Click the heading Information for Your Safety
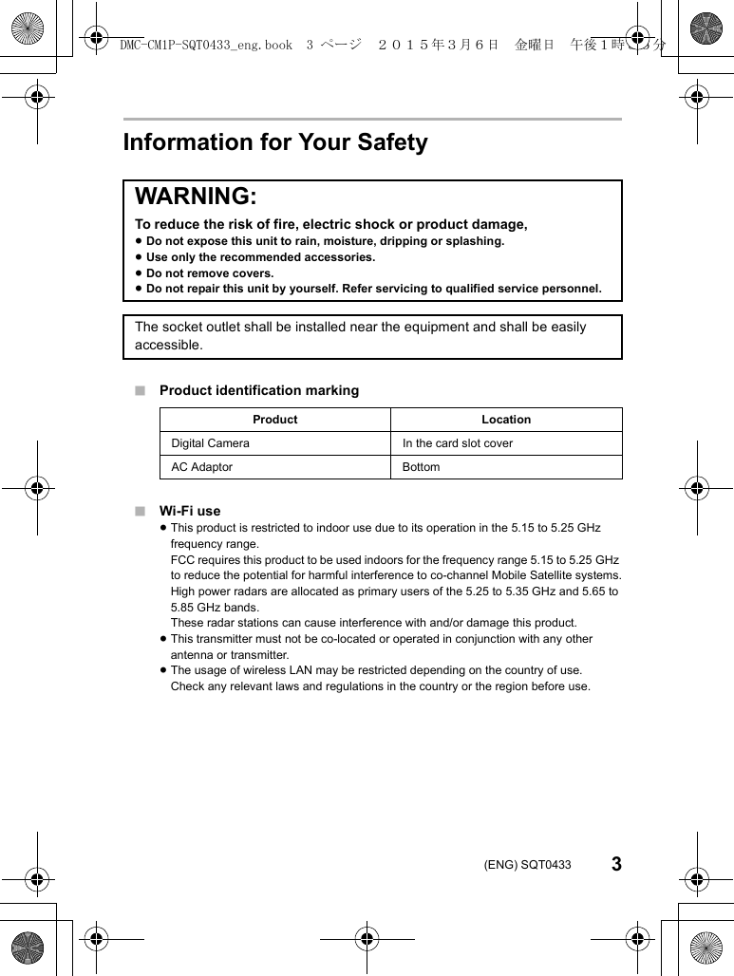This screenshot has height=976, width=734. (x=275, y=142)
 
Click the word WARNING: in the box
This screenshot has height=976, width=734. (x=196, y=197)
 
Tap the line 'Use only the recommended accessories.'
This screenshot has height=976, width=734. (x=260, y=257)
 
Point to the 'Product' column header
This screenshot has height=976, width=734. (x=275, y=420)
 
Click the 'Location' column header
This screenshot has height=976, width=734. (x=506, y=420)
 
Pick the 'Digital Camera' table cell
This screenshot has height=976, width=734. (x=211, y=443)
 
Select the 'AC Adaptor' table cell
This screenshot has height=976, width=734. (x=201, y=467)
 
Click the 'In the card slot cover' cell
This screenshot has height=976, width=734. (x=458, y=443)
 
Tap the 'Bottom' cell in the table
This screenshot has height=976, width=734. (x=422, y=467)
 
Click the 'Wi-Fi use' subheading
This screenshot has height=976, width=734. (x=190, y=511)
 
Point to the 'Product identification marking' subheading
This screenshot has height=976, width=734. (x=259, y=390)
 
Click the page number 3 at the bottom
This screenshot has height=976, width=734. (x=616, y=864)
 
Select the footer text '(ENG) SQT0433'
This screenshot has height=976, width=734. (x=528, y=865)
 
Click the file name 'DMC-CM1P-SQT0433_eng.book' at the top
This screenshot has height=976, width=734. (x=206, y=45)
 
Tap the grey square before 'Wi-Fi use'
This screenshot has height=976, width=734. (x=140, y=511)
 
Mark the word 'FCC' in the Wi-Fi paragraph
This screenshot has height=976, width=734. (x=182, y=560)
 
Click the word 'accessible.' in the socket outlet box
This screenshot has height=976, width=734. (x=169, y=345)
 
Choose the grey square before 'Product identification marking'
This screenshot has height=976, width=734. (x=140, y=390)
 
